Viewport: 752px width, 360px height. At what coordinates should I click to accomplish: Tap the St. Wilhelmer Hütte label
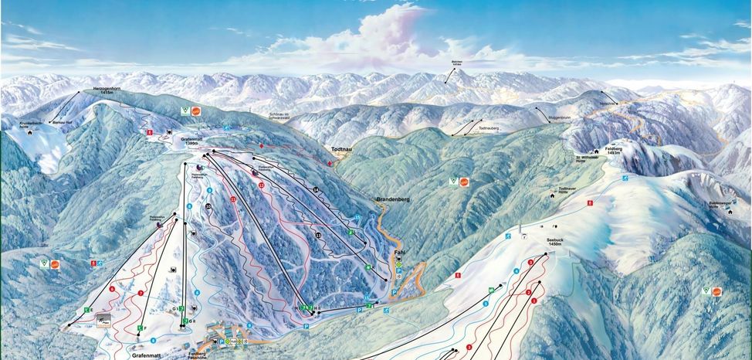[x=590, y=160]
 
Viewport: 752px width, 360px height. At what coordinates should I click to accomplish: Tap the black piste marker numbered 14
[x=316, y=189]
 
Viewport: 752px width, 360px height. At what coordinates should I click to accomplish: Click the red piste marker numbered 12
[x=262, y=185]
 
